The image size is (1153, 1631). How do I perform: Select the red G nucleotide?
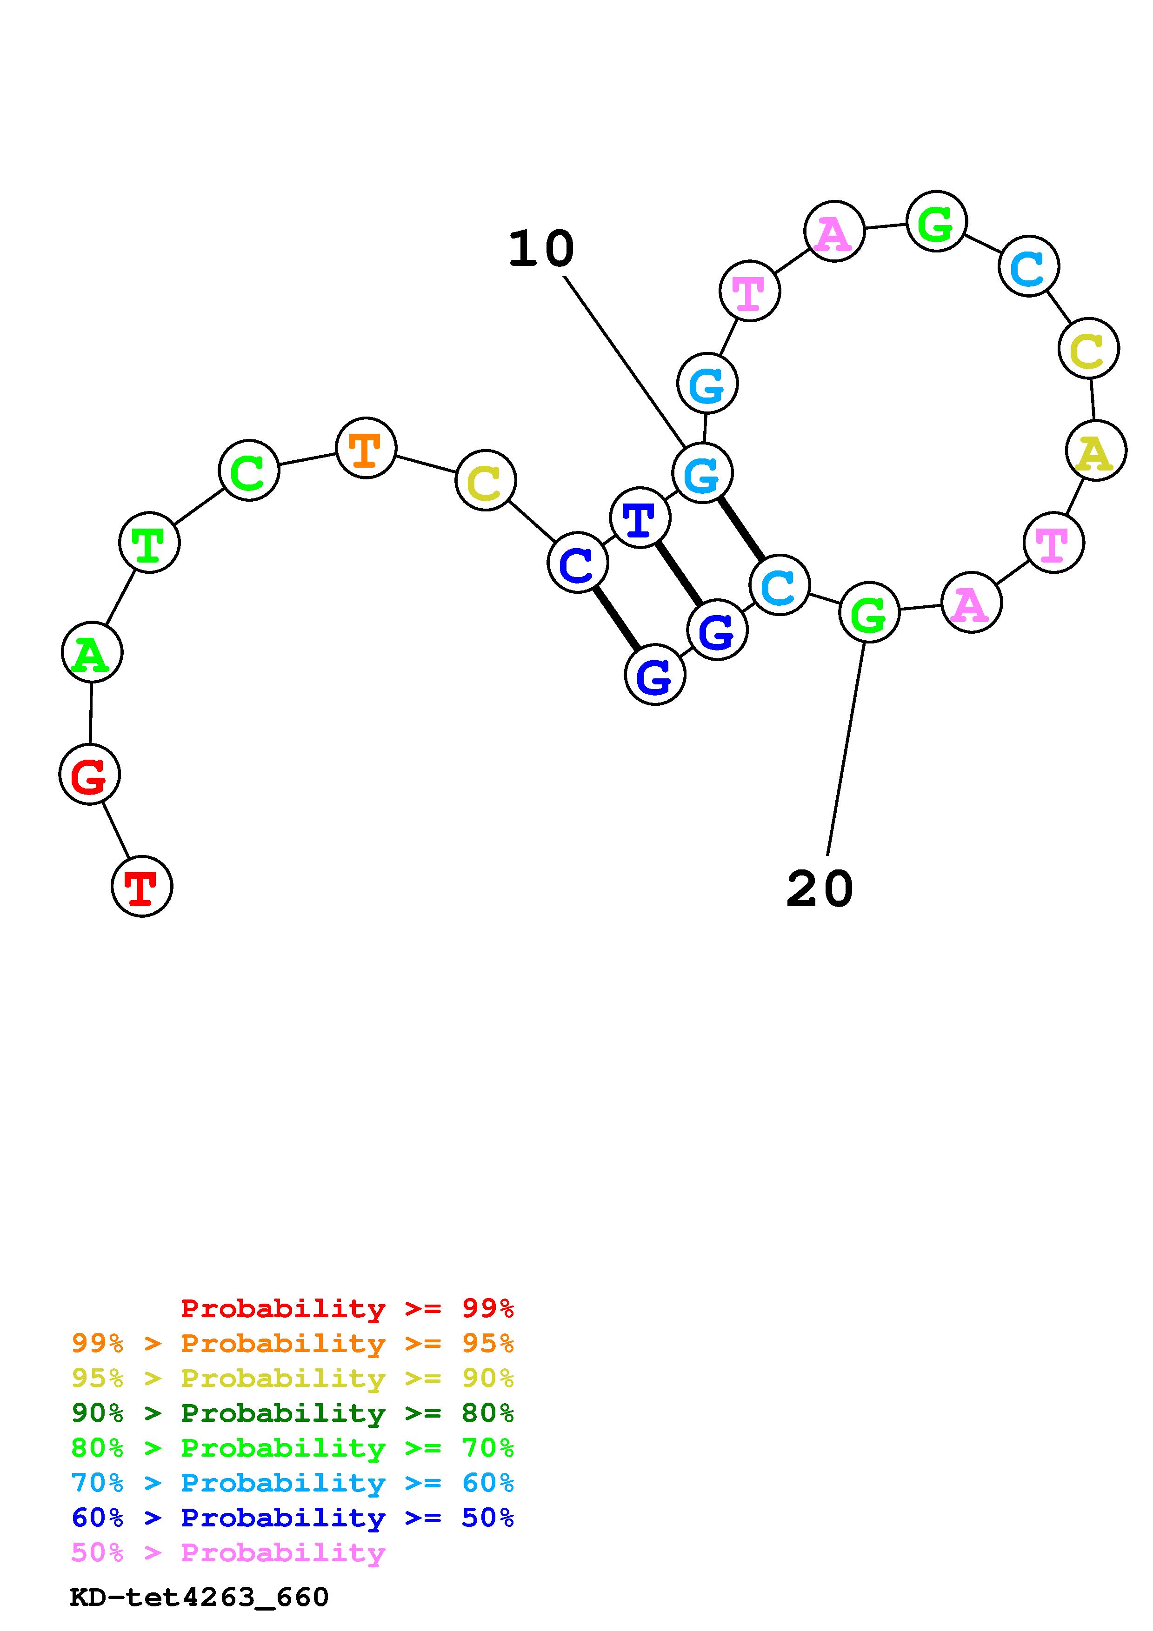[x=89, y=774]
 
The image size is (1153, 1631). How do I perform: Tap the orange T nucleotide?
[x=366, y=448]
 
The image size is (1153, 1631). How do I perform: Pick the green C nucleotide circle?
[x=249, y=470]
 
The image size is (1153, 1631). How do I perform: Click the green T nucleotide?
[x=149, y=543]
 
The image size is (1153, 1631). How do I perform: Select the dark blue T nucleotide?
[x=640, y=518]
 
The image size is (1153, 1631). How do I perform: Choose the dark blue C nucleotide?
[x=578, y=563]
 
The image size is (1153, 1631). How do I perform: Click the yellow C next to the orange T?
[x=485, y=480]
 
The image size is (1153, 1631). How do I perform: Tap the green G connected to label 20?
[x=869, y=612]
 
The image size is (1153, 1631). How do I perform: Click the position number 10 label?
[x=541, y=249]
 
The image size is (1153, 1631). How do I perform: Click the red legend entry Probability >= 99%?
[x=347, y=1308]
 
